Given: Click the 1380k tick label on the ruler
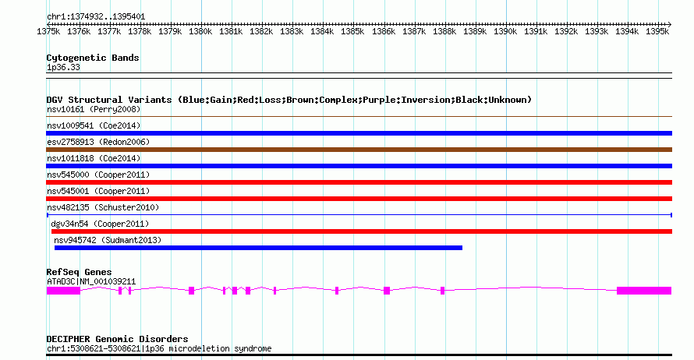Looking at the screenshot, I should point(200,32).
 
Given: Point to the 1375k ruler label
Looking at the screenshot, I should point(48,32).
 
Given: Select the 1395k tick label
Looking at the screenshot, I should point(657,32).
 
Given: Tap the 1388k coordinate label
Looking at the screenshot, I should point(444,32).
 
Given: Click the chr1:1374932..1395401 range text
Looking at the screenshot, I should point(95,16).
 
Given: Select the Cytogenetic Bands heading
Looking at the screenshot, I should point(92,58).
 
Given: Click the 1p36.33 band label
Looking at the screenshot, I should point(63,67).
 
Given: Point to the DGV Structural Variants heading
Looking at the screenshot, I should point(289,100).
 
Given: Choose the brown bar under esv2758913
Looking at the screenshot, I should point(359,150).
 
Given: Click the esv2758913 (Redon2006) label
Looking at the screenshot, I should point(98,142).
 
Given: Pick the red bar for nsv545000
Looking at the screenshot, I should point(359,182).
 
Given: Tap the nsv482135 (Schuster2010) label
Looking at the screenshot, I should point(103,207).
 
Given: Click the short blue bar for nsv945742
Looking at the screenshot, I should point(258,248).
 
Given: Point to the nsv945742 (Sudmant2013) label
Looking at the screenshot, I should point(108,240).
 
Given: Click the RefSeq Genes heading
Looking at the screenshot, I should point(79,272).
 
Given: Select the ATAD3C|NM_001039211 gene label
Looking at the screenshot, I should point(91,281).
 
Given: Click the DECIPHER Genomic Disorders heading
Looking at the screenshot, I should point(117,339).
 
